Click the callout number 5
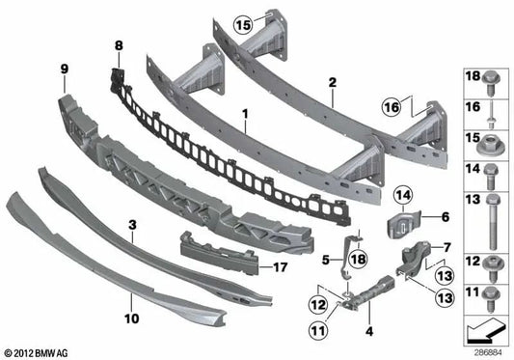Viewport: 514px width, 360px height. (325, 259)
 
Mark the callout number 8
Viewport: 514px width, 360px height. (119, 46)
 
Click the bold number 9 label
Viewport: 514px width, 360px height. (64, 69)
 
